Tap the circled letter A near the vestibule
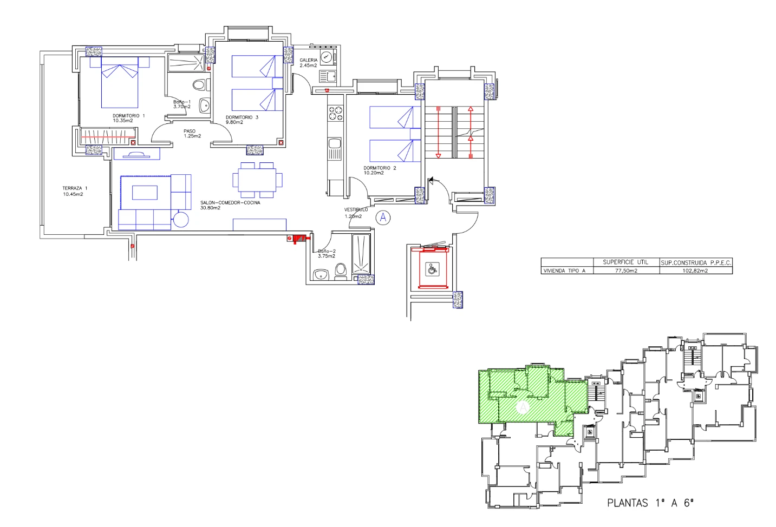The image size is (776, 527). (383, 218)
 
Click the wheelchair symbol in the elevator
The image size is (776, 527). (432, 268)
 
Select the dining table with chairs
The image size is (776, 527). (257, 179)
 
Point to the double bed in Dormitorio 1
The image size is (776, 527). (120, 84)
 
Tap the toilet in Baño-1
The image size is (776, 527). (199, 85)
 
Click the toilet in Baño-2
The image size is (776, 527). (341, 269)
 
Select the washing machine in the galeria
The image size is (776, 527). (326, 57)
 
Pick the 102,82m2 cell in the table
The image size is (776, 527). (695, 271)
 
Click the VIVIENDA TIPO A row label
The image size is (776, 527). (564, 271)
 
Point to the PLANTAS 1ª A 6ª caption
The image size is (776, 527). (650, 503)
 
